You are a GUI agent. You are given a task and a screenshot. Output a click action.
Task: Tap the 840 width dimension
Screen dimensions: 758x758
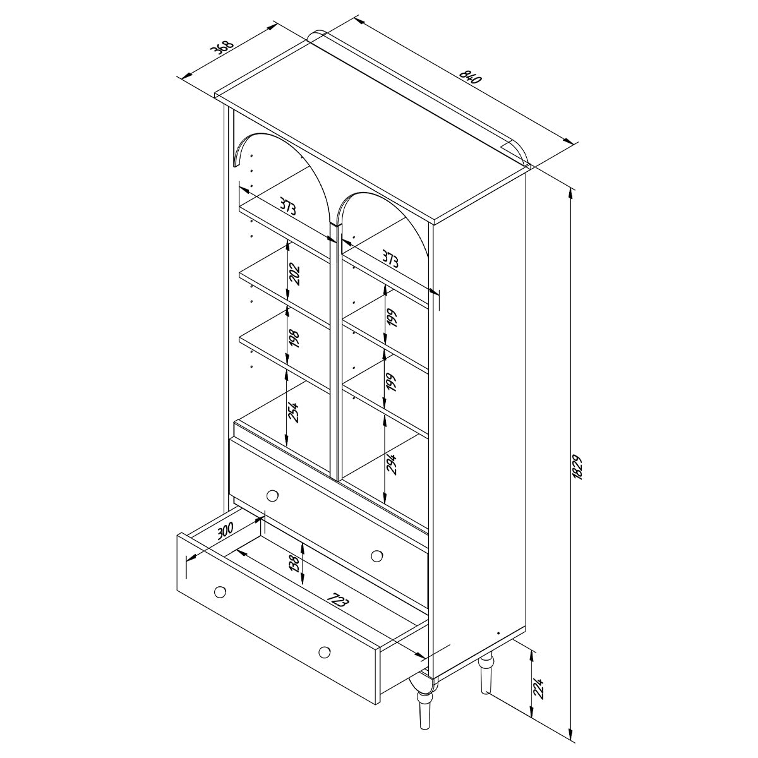pyautogui.click(x=470, y=76)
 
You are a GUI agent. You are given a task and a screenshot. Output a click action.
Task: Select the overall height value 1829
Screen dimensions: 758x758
pyautogui.click(x=577, y=467)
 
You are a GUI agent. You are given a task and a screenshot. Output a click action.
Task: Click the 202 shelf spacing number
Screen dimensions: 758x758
pyautogui.click(x=294, y=275)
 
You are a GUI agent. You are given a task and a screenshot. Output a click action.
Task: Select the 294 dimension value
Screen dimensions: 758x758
pyautogui.click(x=392, y=464)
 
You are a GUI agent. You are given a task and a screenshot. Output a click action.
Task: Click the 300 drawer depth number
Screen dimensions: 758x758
pyautogui.click(x=226, y=530)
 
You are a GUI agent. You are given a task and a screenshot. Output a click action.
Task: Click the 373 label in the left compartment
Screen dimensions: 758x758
pyautogui.click(x=287, y=207)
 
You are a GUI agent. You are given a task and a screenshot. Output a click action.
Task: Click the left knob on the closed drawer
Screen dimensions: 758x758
pyautogui.click(x=272, y=496)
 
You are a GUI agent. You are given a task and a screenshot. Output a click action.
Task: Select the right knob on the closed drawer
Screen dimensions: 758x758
pyautogui.click(x=377, y=556)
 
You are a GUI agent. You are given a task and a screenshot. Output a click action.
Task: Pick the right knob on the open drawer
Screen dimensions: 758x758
pyautogui.click(x=325, y=652)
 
